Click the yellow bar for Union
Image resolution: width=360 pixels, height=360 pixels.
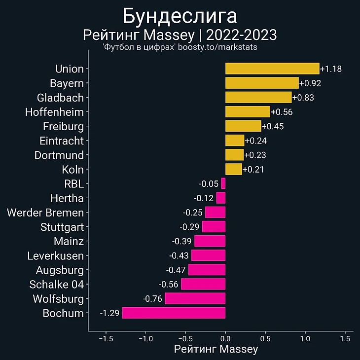(x=272, y=69)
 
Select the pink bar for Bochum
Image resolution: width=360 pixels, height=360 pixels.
(x=174, y=313)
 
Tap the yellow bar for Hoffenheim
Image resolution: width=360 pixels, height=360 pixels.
(x=248, y=112)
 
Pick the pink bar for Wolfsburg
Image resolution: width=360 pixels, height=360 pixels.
(x=195, y=299)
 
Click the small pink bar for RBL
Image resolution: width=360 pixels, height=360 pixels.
(x=223, y=184)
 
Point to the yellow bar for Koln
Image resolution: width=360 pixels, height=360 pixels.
(x=234, y=170)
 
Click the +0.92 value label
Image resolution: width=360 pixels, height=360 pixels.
(x=310, y=83)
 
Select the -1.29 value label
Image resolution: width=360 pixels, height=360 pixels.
(x=109, y=313)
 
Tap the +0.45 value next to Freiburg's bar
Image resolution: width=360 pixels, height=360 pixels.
(x=272, y=126)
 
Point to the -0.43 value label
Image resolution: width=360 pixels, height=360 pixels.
(x=179, y=256)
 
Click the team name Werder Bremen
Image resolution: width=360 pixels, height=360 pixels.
(x=45, y=213)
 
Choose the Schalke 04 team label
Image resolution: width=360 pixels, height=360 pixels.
(x=57, y=285)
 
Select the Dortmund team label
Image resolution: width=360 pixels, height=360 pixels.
(x=59, y=155)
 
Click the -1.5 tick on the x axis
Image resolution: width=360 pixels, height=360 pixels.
(x=105, y=339)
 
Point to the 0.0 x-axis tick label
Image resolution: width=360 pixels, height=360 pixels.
(x=225, y=339)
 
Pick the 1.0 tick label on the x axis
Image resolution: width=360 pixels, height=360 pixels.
(x=305, y=339)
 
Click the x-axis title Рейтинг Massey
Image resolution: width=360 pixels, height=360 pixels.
(x=216, y=350)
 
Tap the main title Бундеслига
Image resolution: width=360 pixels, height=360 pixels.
(x=180, y=16)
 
